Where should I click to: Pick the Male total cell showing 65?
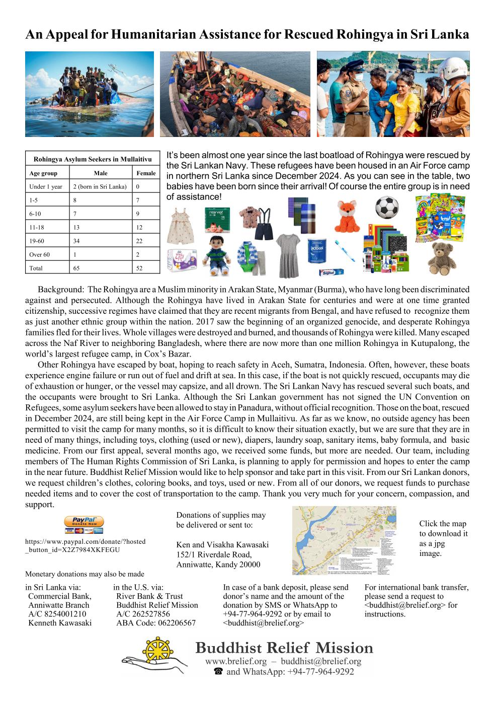point(76,268)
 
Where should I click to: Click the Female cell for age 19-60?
point(139,241)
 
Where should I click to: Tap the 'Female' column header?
point(146,173)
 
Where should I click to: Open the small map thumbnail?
point(344,540)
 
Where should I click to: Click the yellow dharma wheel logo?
point(156,652)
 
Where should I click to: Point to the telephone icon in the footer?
point(218,672)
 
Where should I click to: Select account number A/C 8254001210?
point(57,614)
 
